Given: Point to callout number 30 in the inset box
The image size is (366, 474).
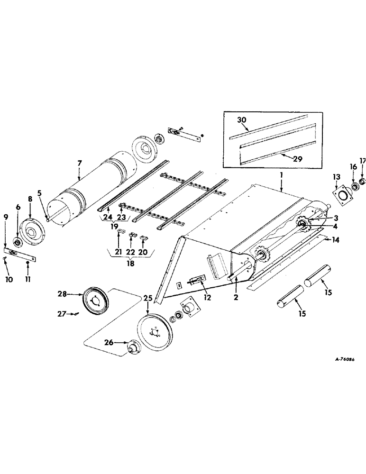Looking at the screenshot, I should pos(241,121).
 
